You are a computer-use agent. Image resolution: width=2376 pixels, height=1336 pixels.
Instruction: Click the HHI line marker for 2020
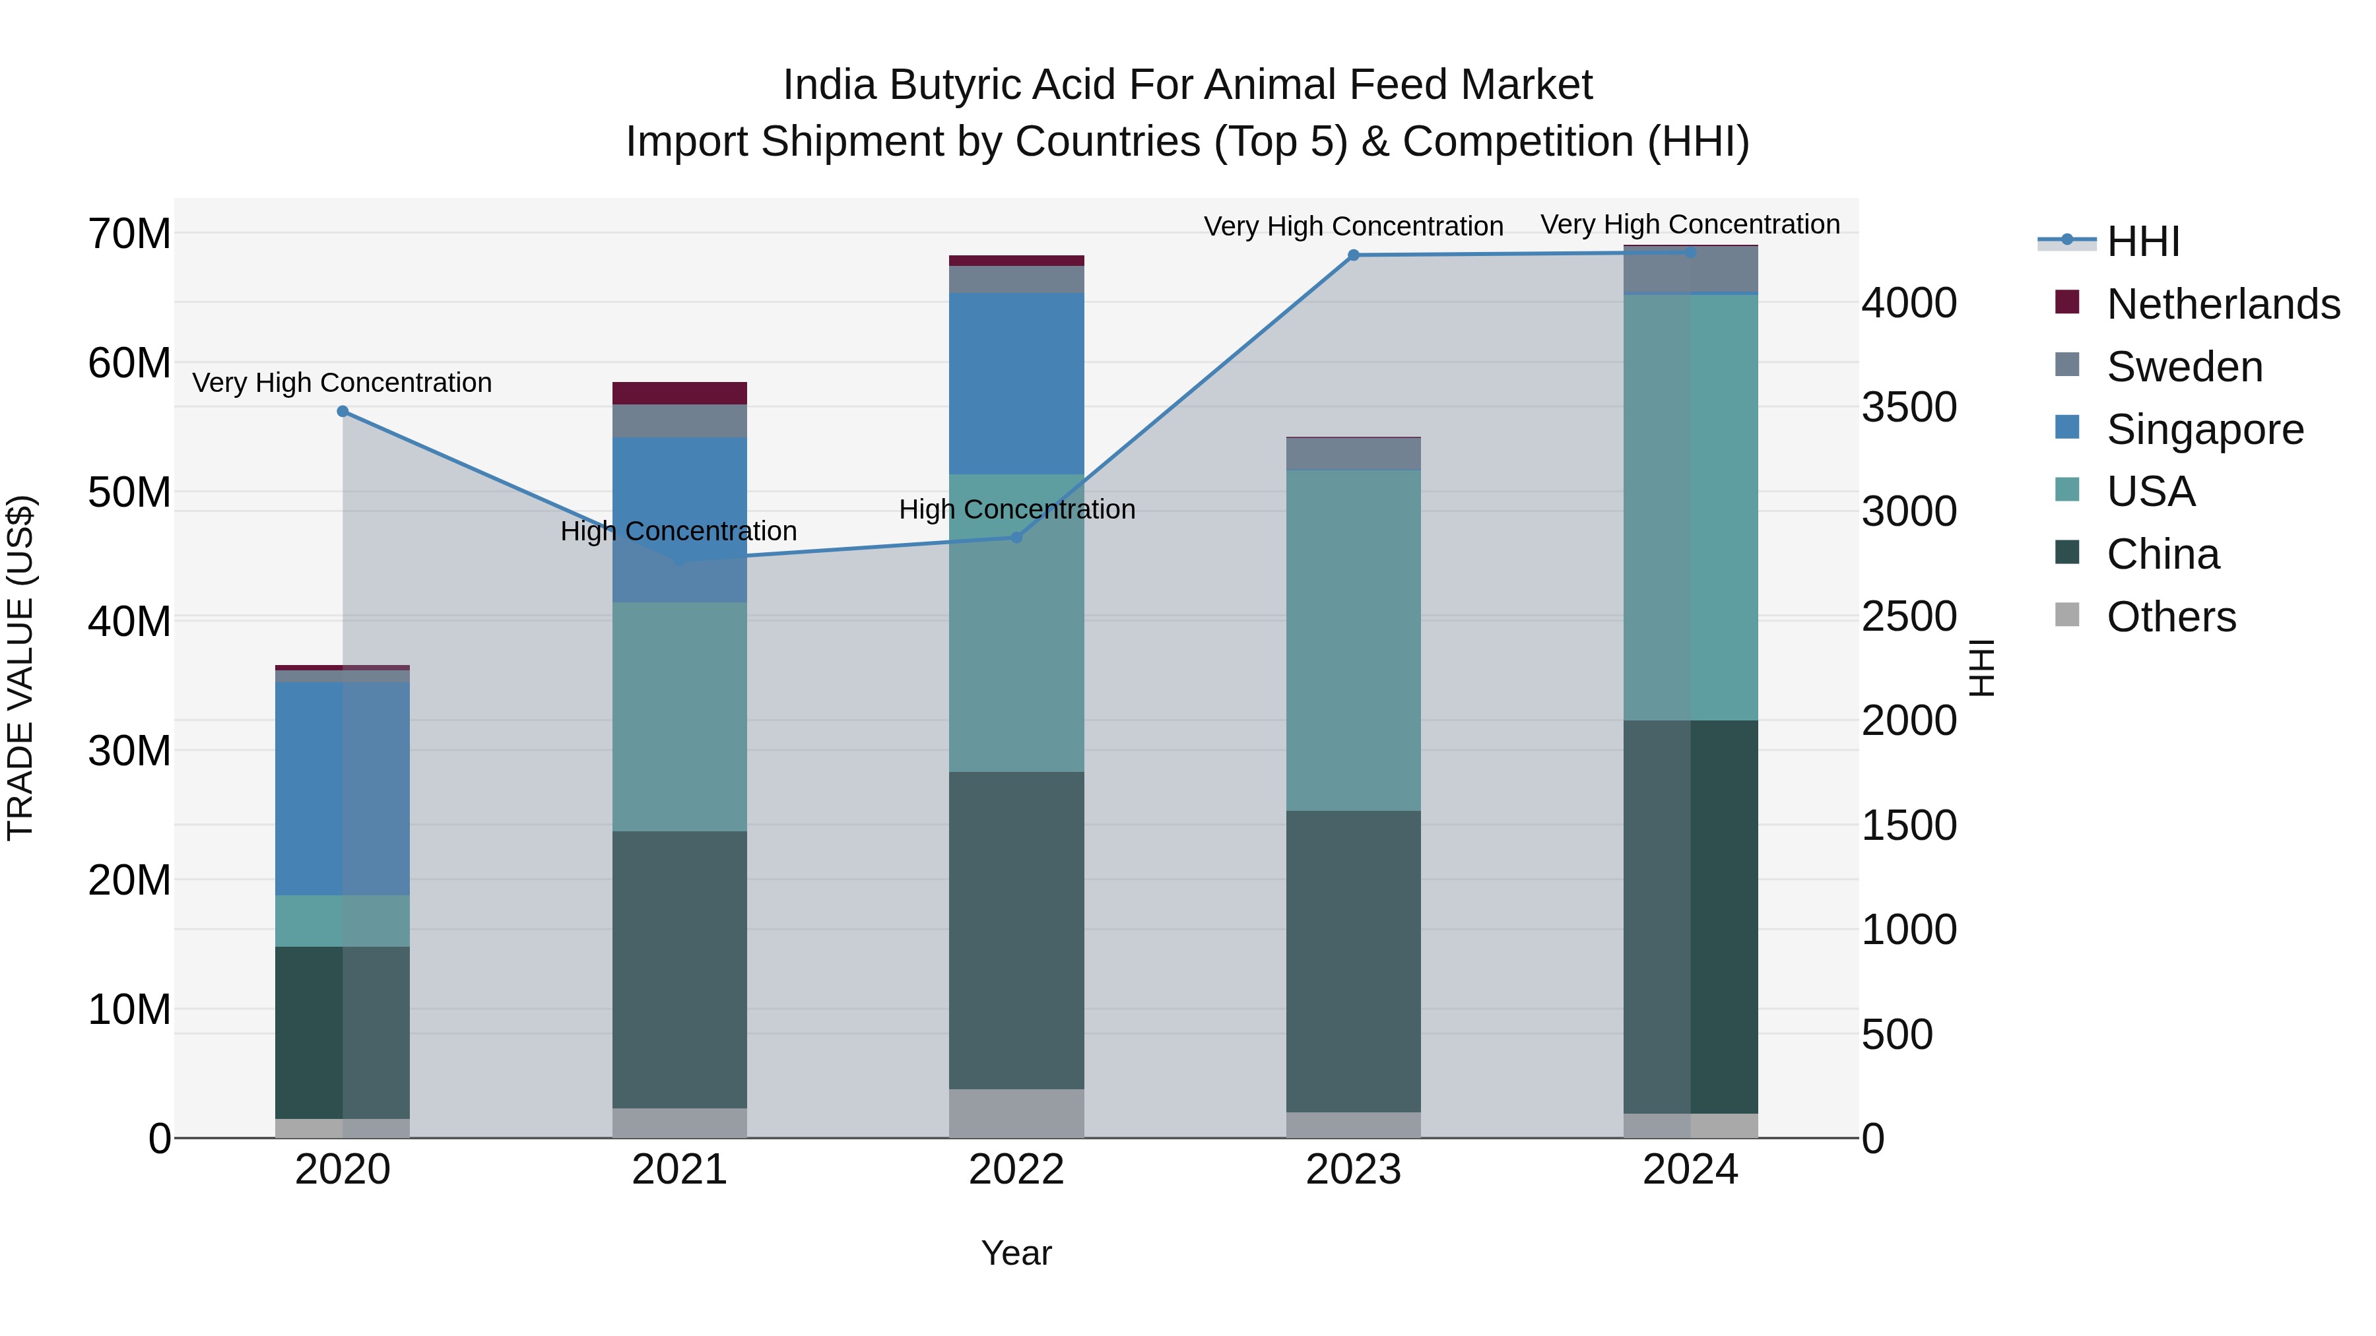(x=342, y=411)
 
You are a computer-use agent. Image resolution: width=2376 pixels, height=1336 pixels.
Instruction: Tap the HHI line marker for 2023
(x=1353, y=255)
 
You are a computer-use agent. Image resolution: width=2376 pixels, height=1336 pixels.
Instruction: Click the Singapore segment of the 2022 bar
(x=1016, y=383)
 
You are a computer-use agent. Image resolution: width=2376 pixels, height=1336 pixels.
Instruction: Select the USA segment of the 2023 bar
(x=1353, y=641)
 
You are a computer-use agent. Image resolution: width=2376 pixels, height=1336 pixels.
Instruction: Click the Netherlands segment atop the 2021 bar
(x=680, y=393)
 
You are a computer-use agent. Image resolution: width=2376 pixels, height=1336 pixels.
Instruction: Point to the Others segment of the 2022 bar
(x=1016, y=1113)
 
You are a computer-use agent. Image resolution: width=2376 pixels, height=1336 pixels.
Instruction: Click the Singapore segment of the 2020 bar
(x=342, y=788)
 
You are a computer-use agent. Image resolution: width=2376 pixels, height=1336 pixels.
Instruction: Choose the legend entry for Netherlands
(x=2223, y=304)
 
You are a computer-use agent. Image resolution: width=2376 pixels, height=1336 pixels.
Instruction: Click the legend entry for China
(x=2162, y=554)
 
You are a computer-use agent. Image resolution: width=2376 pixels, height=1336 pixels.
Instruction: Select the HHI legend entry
(x=2142, y=241)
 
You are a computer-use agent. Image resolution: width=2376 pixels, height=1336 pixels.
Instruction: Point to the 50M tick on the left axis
(x=129, y=492)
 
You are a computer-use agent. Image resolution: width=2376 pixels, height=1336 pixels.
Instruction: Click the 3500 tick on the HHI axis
(x=1908, y=406)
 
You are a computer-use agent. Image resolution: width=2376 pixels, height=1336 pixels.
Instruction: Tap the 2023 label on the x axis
(x=1353, y=1170)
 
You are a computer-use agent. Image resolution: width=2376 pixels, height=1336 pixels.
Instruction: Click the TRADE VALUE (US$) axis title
(x=21, y=668)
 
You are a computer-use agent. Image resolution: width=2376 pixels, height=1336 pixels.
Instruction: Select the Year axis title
(x=1016, y=1253)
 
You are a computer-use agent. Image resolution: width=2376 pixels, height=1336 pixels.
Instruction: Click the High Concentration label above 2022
(x=1016, y=509)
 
